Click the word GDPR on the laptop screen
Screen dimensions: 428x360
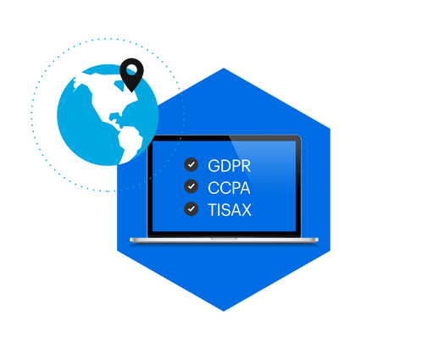coord(229,166)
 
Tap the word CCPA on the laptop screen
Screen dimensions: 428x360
coord(229,188)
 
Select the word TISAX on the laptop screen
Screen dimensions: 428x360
coord(230,210)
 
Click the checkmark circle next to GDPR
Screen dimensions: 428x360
coord(192,164)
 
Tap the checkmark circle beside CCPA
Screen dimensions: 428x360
coord(192,186)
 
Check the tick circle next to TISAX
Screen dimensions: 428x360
coord(192,209)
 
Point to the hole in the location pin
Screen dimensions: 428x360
coord(131,69)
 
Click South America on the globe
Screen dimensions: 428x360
coord(129,144)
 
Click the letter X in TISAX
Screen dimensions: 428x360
coord(246,210)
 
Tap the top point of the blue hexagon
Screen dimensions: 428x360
coord(224,68)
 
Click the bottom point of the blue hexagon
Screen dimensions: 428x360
coord(224,312)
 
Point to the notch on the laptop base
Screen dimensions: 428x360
coord(224,239)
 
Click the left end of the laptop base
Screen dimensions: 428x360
coord(131,240)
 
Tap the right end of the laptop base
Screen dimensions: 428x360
coord(318,240)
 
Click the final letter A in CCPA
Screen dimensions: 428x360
coord(245,188)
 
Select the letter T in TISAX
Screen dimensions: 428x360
coord(212,210)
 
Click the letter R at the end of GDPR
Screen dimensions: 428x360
coord(246,166)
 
